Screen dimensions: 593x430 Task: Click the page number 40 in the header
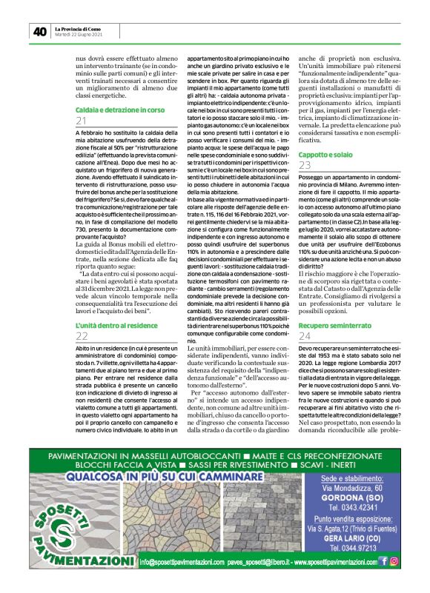coord(39,31)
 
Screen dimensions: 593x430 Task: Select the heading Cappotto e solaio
coord(325,153)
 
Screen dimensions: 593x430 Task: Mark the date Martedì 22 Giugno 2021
coord(79,34)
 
